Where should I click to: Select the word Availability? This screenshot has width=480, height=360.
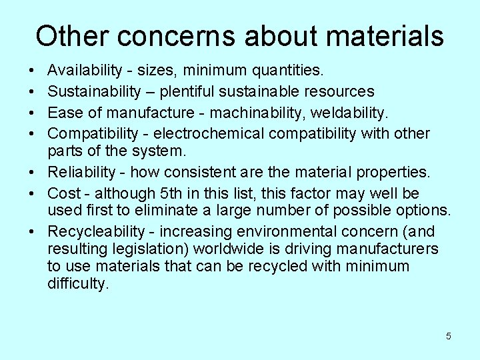pos(85,69)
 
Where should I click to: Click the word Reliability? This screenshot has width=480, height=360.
pos(81,172)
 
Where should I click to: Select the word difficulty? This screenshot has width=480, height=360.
pos(77,284)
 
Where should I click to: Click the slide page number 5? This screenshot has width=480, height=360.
pos(448,336)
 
